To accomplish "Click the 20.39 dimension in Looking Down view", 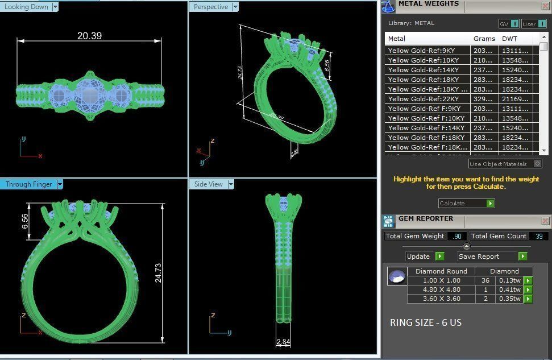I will pyautogui.click(x=89, y=35).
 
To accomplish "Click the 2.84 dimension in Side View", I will pyautogui.click(x=283, y=342).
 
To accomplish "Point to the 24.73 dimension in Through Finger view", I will pyautogui.click(x=158, y=272).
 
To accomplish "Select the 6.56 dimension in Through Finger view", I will pyautogui.click(x=25, y=221).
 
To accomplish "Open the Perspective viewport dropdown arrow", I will pyautogui.click(x=235, y=7).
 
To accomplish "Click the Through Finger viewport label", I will pyautogui.click(x=28, y=184).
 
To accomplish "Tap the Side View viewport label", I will pyautogui.click(x=209, y=184).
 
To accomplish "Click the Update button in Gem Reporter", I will pyautogui.click(x=419, y=256).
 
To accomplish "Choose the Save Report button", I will pyautogui.click(x=479, y=256).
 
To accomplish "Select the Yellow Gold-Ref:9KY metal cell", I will pyautogui.click(x=421, y=51).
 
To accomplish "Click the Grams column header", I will pyautogui.click(x=484, y=39).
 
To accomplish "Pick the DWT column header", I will pyautogui.click(x=509, y=39).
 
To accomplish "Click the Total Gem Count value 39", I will pyautogui.click(x=538, y=236).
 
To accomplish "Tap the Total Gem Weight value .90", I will pyautogui.click(x=456, y=236).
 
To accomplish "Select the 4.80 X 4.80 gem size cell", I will pyautogui.click(x=441, y=289).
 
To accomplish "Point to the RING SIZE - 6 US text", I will pyautogui.click(x=426, y=322).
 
